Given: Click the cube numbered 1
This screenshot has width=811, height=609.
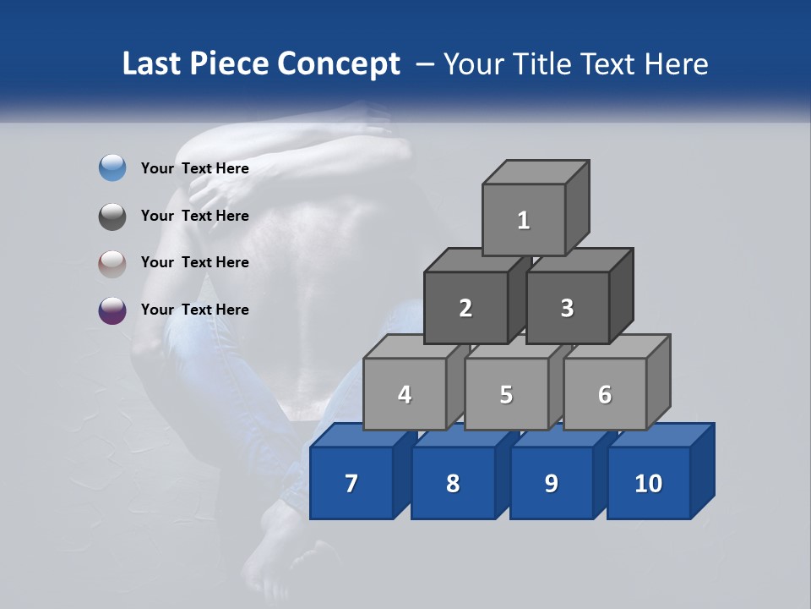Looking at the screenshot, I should (524, 220).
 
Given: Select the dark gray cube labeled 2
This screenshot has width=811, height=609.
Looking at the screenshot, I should (465, 308).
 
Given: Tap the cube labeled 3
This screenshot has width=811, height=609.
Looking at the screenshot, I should (567, 308).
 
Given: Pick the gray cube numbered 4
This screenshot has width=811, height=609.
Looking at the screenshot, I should (405, 394).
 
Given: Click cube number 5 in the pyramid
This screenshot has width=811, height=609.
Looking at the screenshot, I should (506, 394).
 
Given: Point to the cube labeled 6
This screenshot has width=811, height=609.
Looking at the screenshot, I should (605, 394).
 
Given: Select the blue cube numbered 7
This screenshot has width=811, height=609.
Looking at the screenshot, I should (351, 483).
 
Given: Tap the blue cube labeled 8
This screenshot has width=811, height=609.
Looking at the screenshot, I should (453, 483).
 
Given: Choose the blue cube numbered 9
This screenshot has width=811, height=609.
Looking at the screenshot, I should (551, 483).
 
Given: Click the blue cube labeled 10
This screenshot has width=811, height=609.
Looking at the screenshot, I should (649, 483).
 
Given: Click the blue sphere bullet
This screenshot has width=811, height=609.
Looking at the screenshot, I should (112, 168).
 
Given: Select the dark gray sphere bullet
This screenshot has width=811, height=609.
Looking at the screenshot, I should (112, 216).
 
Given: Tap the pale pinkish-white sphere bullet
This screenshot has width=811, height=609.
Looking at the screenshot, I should (112, 263).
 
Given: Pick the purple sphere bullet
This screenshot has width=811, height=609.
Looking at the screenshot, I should (112, 310).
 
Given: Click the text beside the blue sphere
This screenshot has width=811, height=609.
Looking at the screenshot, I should (194, 168).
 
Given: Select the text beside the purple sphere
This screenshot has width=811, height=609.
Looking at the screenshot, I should (194, 310).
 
